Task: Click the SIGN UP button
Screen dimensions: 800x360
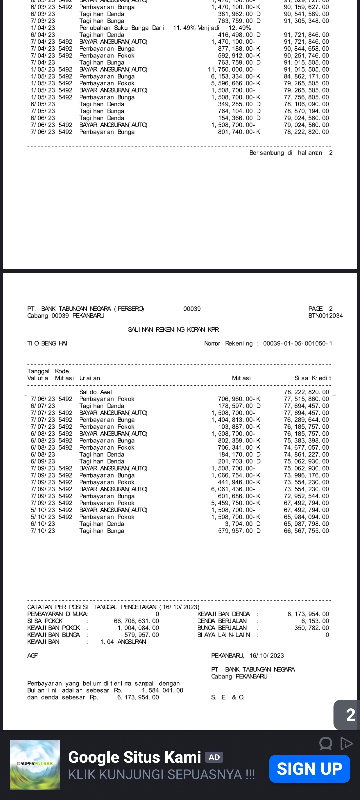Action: coord(309,769)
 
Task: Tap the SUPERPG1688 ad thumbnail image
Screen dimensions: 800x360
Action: coord(35,765)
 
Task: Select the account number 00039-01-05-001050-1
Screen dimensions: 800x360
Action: coord(298,343)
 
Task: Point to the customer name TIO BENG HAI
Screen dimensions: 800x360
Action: coord(47,343)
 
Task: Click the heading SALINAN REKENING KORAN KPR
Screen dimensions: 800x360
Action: coord(173,329)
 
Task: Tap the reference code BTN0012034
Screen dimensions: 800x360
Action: coord(325,316)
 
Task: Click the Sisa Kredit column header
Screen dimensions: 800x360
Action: coord(312,378)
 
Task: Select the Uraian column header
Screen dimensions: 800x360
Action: coord(89,378)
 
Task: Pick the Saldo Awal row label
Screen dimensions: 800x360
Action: coord(95,392)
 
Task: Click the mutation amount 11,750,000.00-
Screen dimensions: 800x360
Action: coord(231,69)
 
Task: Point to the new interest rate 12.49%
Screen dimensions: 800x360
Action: coord(240,28)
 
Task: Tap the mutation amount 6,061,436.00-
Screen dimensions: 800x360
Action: coord(233,489)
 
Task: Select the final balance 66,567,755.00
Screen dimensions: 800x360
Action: coord(306,531)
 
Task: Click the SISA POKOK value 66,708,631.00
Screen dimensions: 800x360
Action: coord(136,621)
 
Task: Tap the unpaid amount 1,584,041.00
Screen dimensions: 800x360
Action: coord(162,690)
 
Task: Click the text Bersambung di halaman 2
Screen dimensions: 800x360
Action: coord(291,153)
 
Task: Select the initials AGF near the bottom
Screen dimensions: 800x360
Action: coord(32,656)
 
